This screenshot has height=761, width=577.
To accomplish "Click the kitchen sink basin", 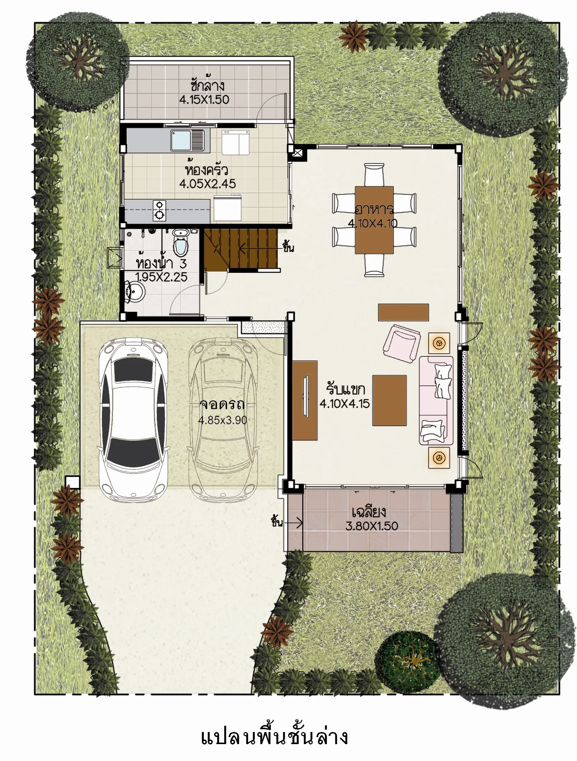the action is click(181, 140).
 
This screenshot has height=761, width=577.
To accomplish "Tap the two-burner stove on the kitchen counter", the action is click(160, 211).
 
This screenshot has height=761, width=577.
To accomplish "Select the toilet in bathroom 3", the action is click(181, 242).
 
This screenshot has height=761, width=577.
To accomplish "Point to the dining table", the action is click(374, 220).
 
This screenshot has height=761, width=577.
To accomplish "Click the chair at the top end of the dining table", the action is click(374, 174).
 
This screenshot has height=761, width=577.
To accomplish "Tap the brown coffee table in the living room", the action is click(389, 400).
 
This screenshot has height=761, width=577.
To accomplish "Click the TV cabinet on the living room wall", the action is click(305, 400).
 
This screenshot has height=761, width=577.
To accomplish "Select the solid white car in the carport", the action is click(134, 419).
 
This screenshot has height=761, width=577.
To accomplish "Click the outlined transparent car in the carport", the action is click(223, 419).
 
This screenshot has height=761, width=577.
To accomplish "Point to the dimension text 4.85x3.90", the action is click(223, 420).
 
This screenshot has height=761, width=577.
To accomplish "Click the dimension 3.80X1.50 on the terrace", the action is click(372, 526).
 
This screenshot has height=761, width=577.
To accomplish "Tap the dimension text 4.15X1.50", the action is click(204, 100).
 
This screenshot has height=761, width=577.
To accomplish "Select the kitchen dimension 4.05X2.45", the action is click(208, 183).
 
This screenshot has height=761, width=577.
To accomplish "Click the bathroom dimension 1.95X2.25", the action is click(161, 277).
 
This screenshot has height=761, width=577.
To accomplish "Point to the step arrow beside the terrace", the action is click(294, 523).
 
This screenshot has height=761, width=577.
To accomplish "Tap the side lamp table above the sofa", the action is click(439, 343).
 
